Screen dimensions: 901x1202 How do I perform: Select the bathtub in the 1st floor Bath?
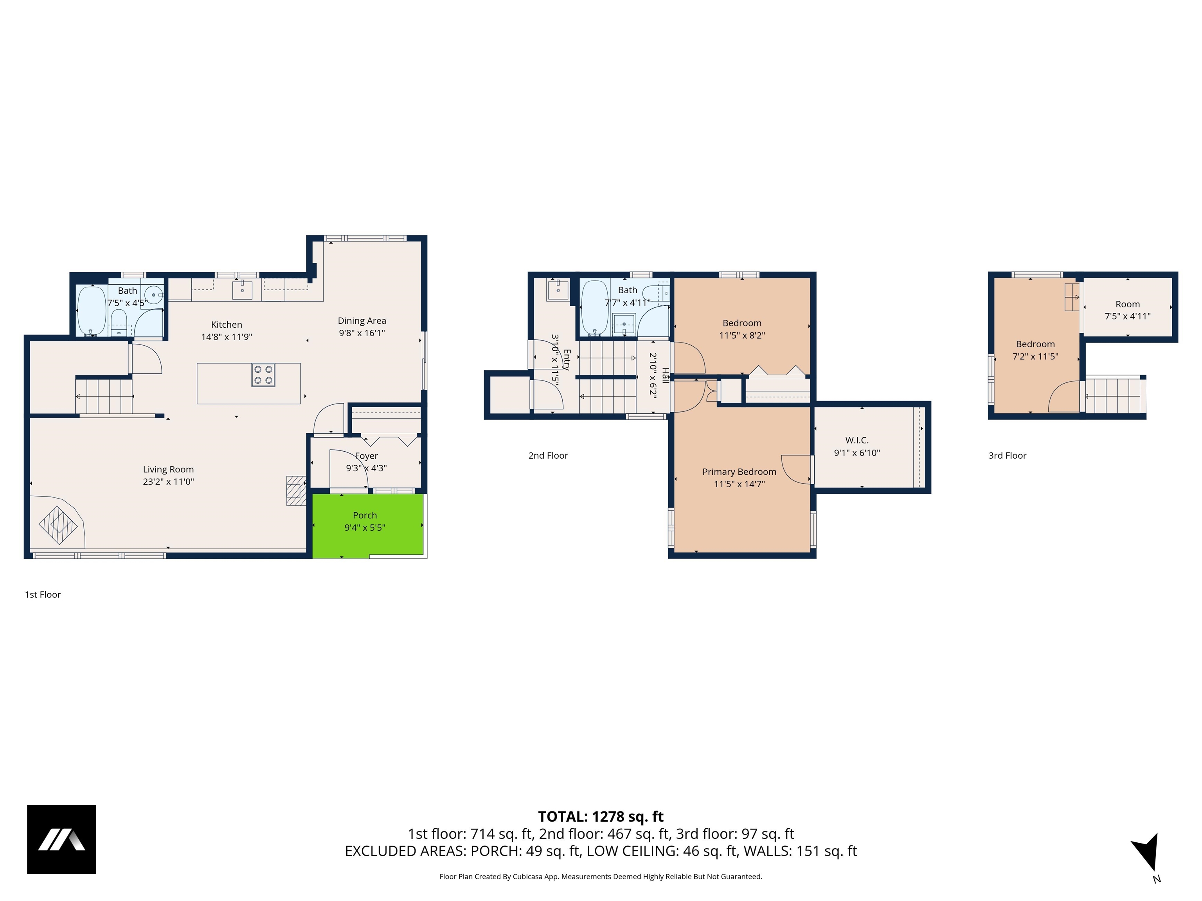(x=91, y=311)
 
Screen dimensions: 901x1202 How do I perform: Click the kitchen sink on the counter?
(x=242, y=290)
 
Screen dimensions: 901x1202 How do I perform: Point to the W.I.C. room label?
(x=857, y=440)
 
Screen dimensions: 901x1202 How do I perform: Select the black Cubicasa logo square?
(x=61, y=839)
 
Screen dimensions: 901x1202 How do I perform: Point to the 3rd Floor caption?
(x=1007, y=456)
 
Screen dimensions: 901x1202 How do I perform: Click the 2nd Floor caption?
(x=548, y=456)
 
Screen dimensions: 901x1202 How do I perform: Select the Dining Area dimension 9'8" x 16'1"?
(x=362, y=333)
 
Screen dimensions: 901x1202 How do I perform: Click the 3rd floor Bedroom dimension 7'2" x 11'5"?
(x=1035, y=357)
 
